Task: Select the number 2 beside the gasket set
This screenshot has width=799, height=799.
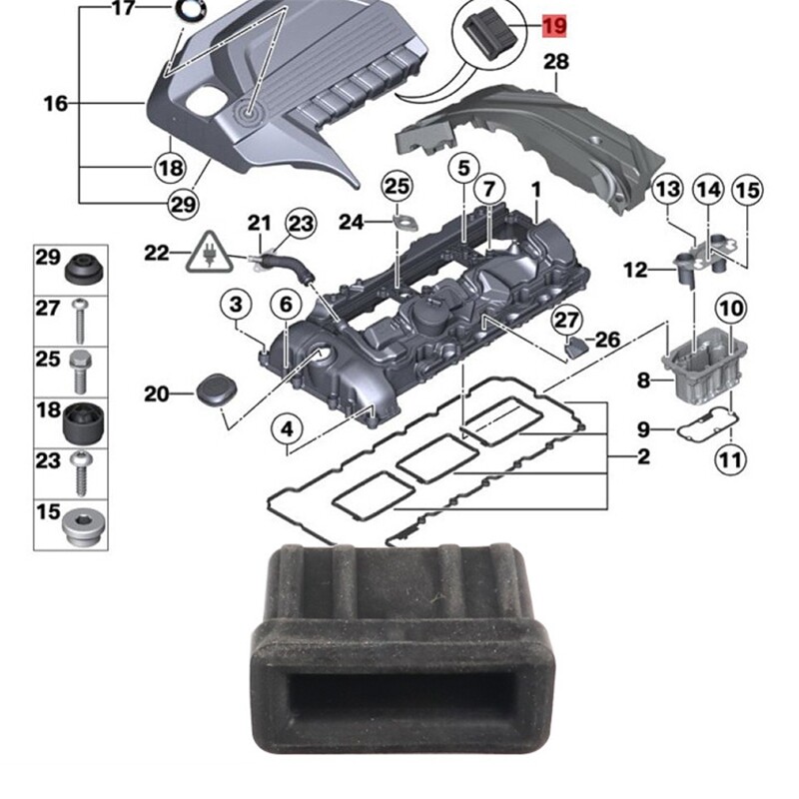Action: (643, 457)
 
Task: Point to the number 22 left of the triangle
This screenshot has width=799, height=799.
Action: (157, 253)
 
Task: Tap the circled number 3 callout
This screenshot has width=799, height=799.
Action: (236, 303)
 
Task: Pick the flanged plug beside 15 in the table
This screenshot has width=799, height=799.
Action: (79, 526)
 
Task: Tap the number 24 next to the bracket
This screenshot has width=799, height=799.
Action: (352, 222)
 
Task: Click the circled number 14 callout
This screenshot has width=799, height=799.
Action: (707, 189)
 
